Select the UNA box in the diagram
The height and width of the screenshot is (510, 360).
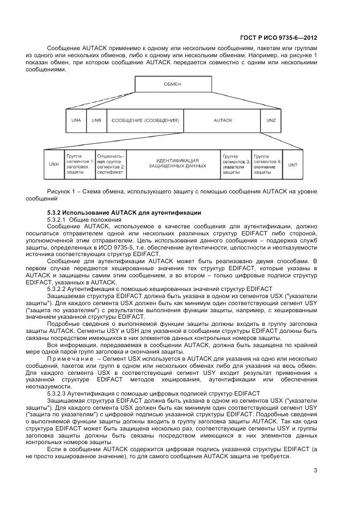pos(76,119)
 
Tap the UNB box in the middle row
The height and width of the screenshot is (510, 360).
pos(96,119)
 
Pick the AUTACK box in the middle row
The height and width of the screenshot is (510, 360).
pos(223,119)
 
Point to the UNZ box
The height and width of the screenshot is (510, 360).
pos(271,119)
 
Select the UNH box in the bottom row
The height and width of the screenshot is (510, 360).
pos(53,164)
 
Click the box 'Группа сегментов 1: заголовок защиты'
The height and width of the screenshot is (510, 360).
pos(80,164)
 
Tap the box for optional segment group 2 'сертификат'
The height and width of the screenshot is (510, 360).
pos(111,164)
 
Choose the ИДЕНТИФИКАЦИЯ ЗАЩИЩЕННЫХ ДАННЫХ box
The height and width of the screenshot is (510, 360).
pos(173,164)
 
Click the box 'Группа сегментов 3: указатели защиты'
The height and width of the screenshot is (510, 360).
pos(236,164)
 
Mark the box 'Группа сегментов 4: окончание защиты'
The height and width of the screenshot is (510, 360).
pos(267,164)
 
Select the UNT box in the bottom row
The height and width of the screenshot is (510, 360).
pos(293,164)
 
